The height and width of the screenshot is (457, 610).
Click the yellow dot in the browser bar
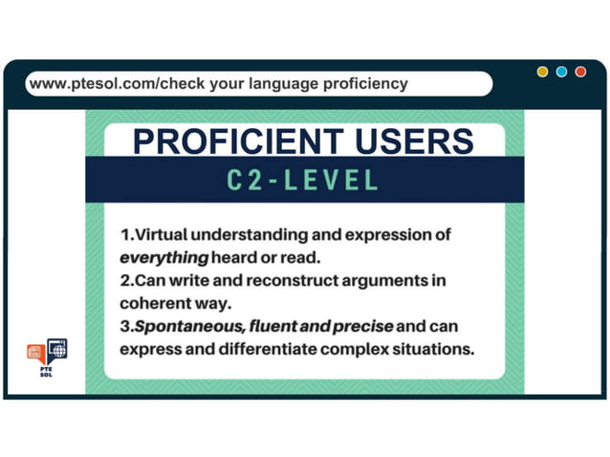543,72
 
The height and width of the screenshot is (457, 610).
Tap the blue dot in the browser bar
561,72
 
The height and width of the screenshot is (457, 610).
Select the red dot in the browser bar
580,72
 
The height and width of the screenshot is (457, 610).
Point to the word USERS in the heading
413,141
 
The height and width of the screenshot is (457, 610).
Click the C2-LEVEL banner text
303,180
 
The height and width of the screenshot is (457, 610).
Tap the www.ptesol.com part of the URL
91,83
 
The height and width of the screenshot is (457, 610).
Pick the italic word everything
163,257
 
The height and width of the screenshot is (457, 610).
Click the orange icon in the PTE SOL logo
35,352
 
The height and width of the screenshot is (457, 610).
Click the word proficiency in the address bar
360,83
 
